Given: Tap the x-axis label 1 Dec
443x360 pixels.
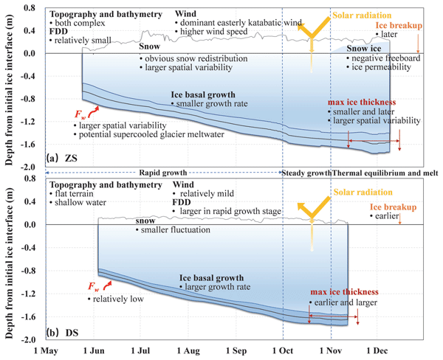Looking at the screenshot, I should pos(377,350).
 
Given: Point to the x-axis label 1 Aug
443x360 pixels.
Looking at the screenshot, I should pos(188,350).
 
